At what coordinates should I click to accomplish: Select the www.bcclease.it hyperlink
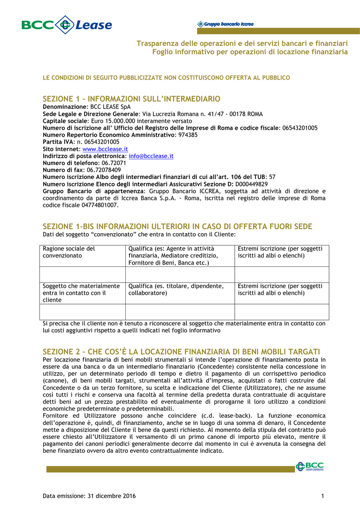105,149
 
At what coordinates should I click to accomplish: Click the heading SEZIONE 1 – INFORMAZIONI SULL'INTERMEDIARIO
132,99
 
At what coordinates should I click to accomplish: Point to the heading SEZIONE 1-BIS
178,227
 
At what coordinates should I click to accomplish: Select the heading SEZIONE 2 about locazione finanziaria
181,351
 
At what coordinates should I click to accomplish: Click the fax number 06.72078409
104,170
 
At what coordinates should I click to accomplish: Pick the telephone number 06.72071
114,163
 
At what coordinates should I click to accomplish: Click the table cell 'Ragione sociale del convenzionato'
69,252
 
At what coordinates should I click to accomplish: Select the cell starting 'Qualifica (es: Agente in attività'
173,255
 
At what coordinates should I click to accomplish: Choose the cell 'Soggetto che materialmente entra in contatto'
82,293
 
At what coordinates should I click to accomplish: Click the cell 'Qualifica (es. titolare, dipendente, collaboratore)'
176,289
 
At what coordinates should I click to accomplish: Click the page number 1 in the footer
323,496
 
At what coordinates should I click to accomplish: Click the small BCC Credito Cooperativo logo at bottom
310,466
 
